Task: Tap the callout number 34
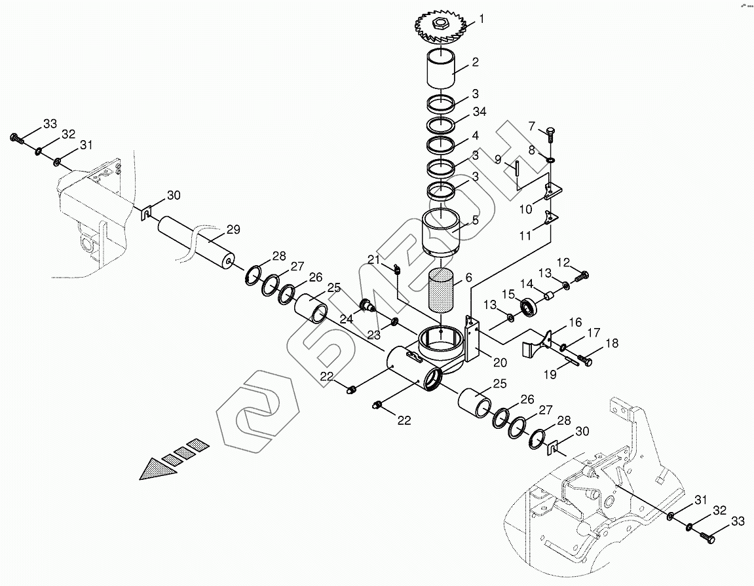(480, 112)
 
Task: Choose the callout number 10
(526, 209)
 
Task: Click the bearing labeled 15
(528, 306)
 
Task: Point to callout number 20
(500, 362)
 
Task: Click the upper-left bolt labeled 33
(16, 138)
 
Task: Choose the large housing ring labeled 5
(440, 233)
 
